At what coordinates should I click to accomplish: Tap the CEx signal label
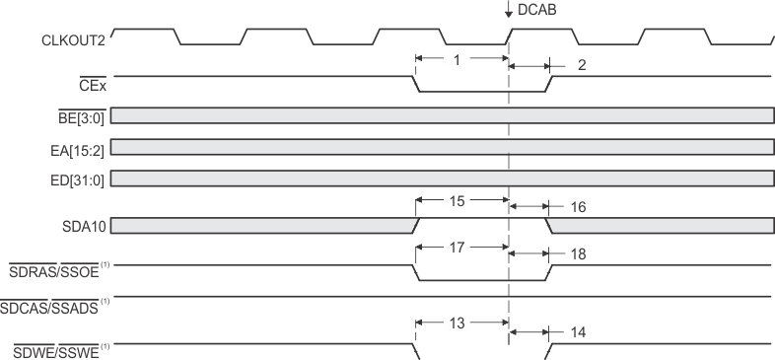tap(93, 86)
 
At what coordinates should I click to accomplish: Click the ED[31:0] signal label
tap(82, 179)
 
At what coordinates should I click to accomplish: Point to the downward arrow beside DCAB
tap(508, 11)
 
